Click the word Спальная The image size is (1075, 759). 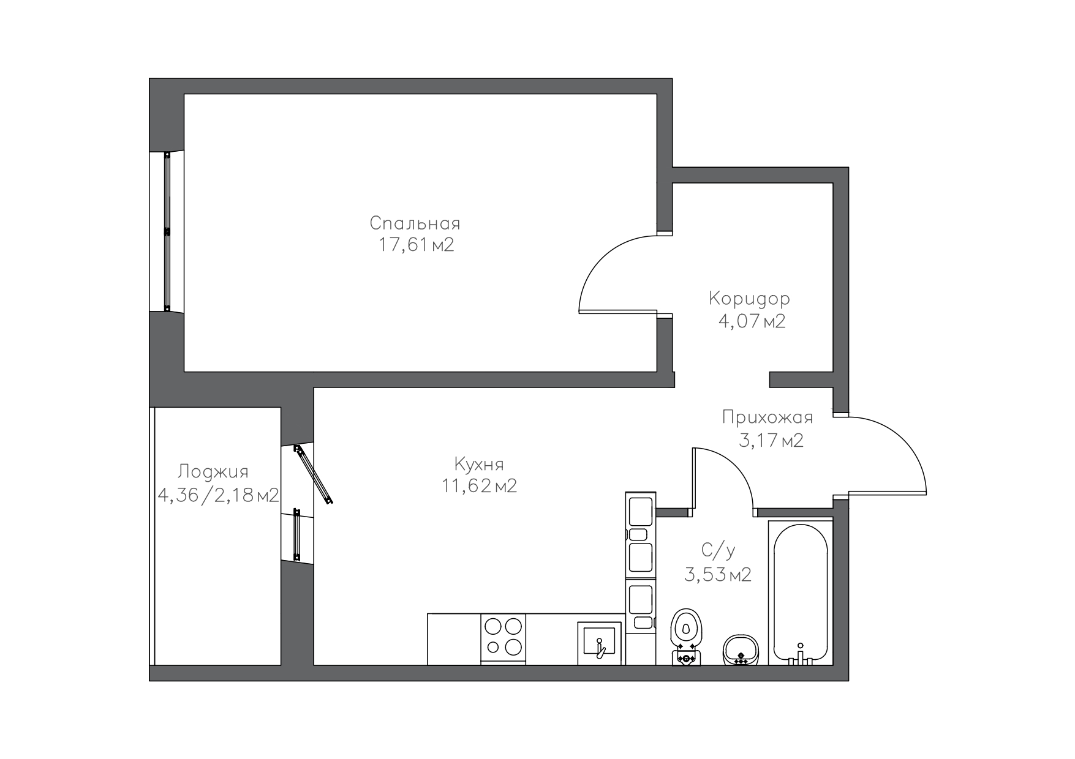[x=415, y=223]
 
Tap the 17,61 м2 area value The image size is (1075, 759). [x=417, y=245]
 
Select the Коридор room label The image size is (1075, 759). [x=749, y=299]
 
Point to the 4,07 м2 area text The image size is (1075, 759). [x=752, y=321]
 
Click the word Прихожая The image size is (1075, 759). [x=768, y=417]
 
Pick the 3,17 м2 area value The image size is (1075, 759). [x=771, y=440]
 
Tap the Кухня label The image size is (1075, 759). [x=479, y=465]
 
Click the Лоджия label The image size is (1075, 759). [x=213, y=473]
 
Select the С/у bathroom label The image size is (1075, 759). [x=718, y=551]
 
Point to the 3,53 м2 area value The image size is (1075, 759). [x=717, y=575]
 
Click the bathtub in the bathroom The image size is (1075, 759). [x=801, y=593]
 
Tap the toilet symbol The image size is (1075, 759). [x=686, y=637]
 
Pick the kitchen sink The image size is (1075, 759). [x=600, y=643]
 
